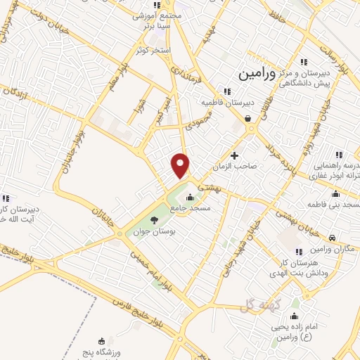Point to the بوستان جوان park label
pyautogui.click(x=153, y=231)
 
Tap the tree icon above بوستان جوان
pyautogui.click(x=154, y=220)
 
